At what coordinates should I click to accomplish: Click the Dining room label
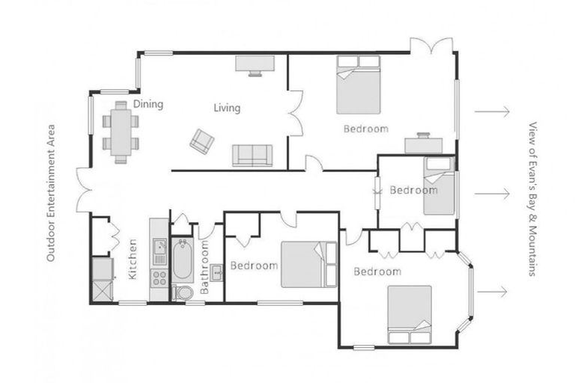pyautogui.click(x=148, y=104)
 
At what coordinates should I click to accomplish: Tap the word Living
pyautogui.click(x=227, y=108)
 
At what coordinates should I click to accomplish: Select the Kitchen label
pyautogui.click(x=133, y=259)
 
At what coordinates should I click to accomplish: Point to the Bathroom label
pyautogui.click(x=204, y=267)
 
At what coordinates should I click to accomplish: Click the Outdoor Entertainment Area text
pyautogui.click(x=52, y=192)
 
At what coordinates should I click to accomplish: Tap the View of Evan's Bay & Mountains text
pyautogui.click(x=533, y=199)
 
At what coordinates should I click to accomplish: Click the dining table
pyautogui.click(x=121, y=133)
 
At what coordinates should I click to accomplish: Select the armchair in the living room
pyautogui.click(x=201, y=140)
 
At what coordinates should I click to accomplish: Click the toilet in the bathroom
pyautogui.click(x=181, y=291)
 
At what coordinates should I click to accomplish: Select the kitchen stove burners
pyautogui.click(x=159, y=278)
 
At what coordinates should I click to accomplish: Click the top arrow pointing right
pyautogui.click(x=491, y=111)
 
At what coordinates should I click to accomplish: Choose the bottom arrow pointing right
pyautogui.click(x=491, y=291)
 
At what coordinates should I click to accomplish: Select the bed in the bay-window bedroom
pyautogui.click(x=410, y=314)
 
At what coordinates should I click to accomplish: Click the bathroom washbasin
pyautogui.click(x=216, y=272)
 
